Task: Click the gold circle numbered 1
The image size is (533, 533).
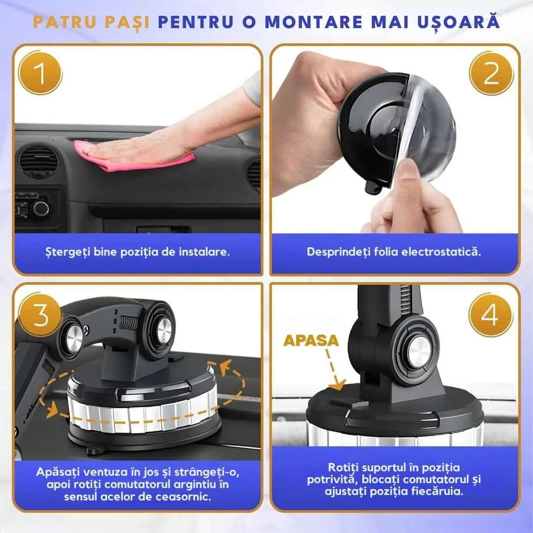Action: point(40,73)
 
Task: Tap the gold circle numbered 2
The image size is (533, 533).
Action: point(491,73)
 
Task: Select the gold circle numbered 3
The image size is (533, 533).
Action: point(40,315)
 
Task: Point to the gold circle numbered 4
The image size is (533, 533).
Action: point(491,315)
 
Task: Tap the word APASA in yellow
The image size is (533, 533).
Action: point(311,341)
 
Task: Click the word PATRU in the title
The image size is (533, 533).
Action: point(65,22)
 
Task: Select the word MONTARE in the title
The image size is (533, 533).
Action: point(314,22)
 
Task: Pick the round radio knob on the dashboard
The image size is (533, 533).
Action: point(41,208)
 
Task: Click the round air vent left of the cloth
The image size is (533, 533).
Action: point(38,161)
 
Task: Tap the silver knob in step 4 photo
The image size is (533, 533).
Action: point(419,353)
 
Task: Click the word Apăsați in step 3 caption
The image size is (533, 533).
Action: point(57,472)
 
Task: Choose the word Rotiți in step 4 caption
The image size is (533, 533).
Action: point(343,468)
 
